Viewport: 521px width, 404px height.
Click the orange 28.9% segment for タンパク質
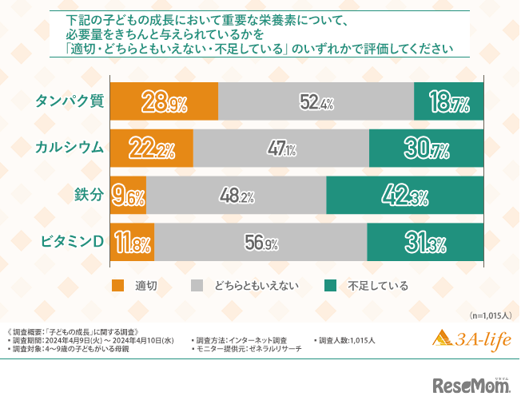point(163,101)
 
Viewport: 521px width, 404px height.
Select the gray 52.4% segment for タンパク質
point(316,101)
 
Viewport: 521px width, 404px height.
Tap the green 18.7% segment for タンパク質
point(450,101)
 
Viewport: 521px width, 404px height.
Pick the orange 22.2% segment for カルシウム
point(150,148)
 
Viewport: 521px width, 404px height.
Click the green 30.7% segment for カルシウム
point(427,148)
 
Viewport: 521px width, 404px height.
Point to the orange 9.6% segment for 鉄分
point(127,195)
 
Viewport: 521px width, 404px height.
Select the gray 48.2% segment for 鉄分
point(237,195)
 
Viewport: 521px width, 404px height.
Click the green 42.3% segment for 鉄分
point(406,195)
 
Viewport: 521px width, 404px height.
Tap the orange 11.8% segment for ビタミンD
point(131,242)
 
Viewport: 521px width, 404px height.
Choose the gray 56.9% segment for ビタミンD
point(260,242)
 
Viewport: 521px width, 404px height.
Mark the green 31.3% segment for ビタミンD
point(426,242)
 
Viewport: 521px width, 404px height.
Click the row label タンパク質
point(69,101)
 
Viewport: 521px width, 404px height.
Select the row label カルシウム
point(69,148)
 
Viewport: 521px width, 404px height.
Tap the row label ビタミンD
point(69,242)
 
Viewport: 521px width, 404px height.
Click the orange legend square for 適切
point(117,285)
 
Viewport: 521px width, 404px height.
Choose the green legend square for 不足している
point(328,285)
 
